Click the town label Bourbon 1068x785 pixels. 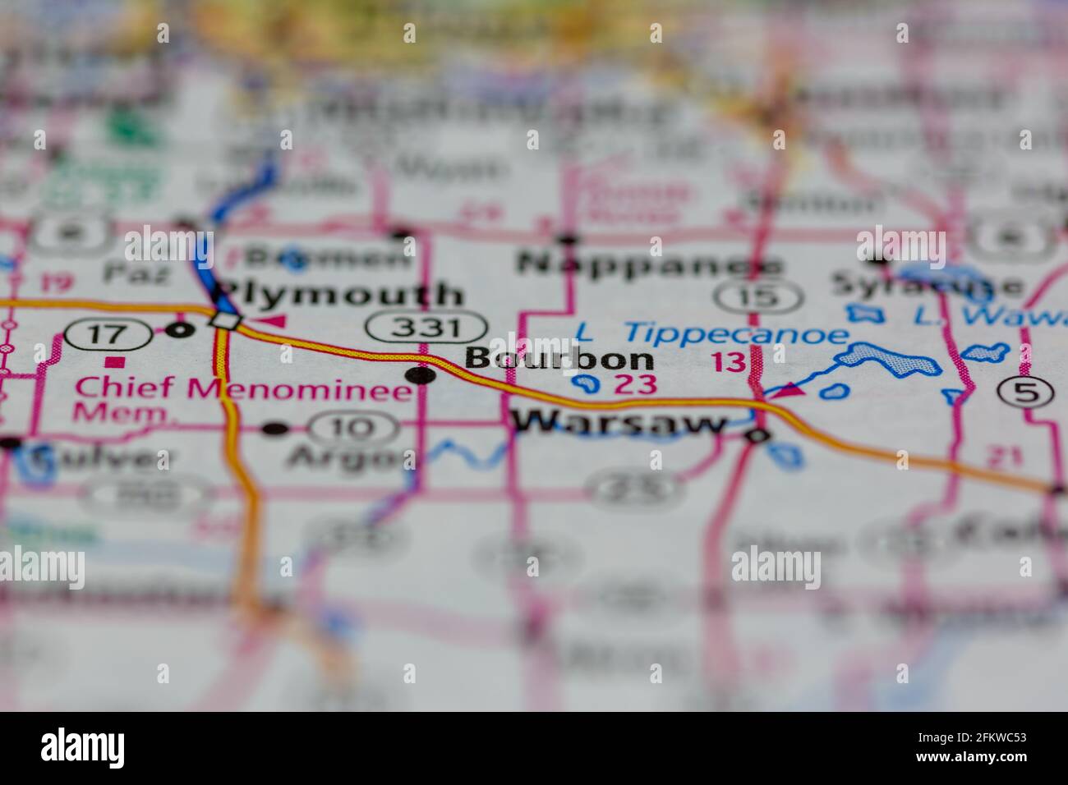coord(559,359)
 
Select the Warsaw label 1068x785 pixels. coord(619,424)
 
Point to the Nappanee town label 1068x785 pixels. coord(649,264)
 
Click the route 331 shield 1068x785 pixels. coord(426,328)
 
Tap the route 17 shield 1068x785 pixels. coord(108,333)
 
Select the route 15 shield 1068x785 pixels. coord(757,296)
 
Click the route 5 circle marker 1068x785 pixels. coord(1027,392)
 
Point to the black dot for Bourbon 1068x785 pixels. coord(421,376)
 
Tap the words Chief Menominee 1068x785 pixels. coord(243,388)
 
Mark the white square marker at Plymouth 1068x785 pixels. coord(223,321)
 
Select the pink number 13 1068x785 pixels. coord(729,362)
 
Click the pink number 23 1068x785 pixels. coord(636,383)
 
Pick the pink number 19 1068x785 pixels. coord(55,283)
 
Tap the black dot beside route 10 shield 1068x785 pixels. coord(276,428)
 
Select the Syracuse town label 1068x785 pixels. coord(926,286)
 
